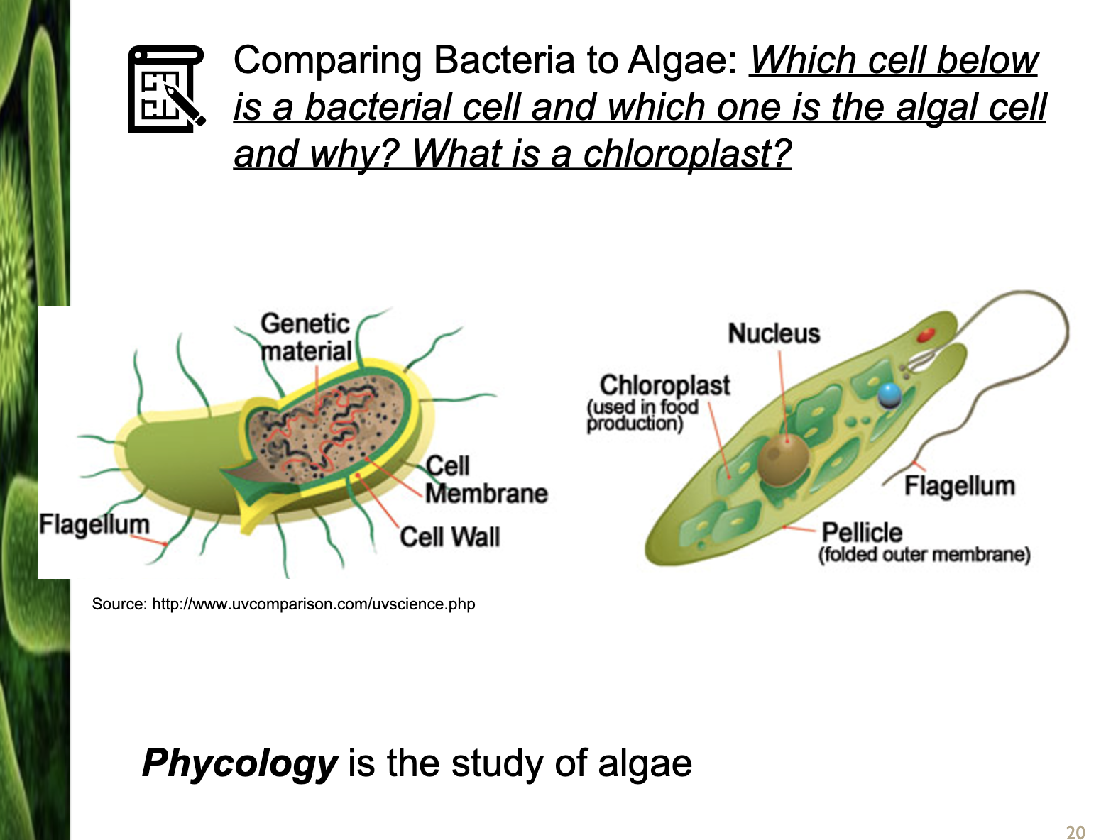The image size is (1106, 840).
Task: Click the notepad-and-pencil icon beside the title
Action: [166, 89]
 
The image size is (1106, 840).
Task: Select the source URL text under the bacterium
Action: [283, 604]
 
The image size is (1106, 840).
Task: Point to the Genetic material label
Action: [306, 337]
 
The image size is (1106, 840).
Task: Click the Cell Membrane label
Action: [486, 480]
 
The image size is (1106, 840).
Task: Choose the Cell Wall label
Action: [450, 536]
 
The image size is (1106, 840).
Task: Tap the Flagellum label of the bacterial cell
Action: [94, 525]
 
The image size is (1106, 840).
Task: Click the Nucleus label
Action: [774, 333]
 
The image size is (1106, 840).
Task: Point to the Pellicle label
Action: [862, 532]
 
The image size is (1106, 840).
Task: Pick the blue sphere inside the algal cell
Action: [889, 395]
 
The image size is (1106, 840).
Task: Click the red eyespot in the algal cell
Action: [925, 334]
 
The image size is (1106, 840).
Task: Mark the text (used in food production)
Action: [643, 415]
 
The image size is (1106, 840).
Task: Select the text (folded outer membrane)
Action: [924, 555]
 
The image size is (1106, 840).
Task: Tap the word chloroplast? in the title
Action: [687, 153]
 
